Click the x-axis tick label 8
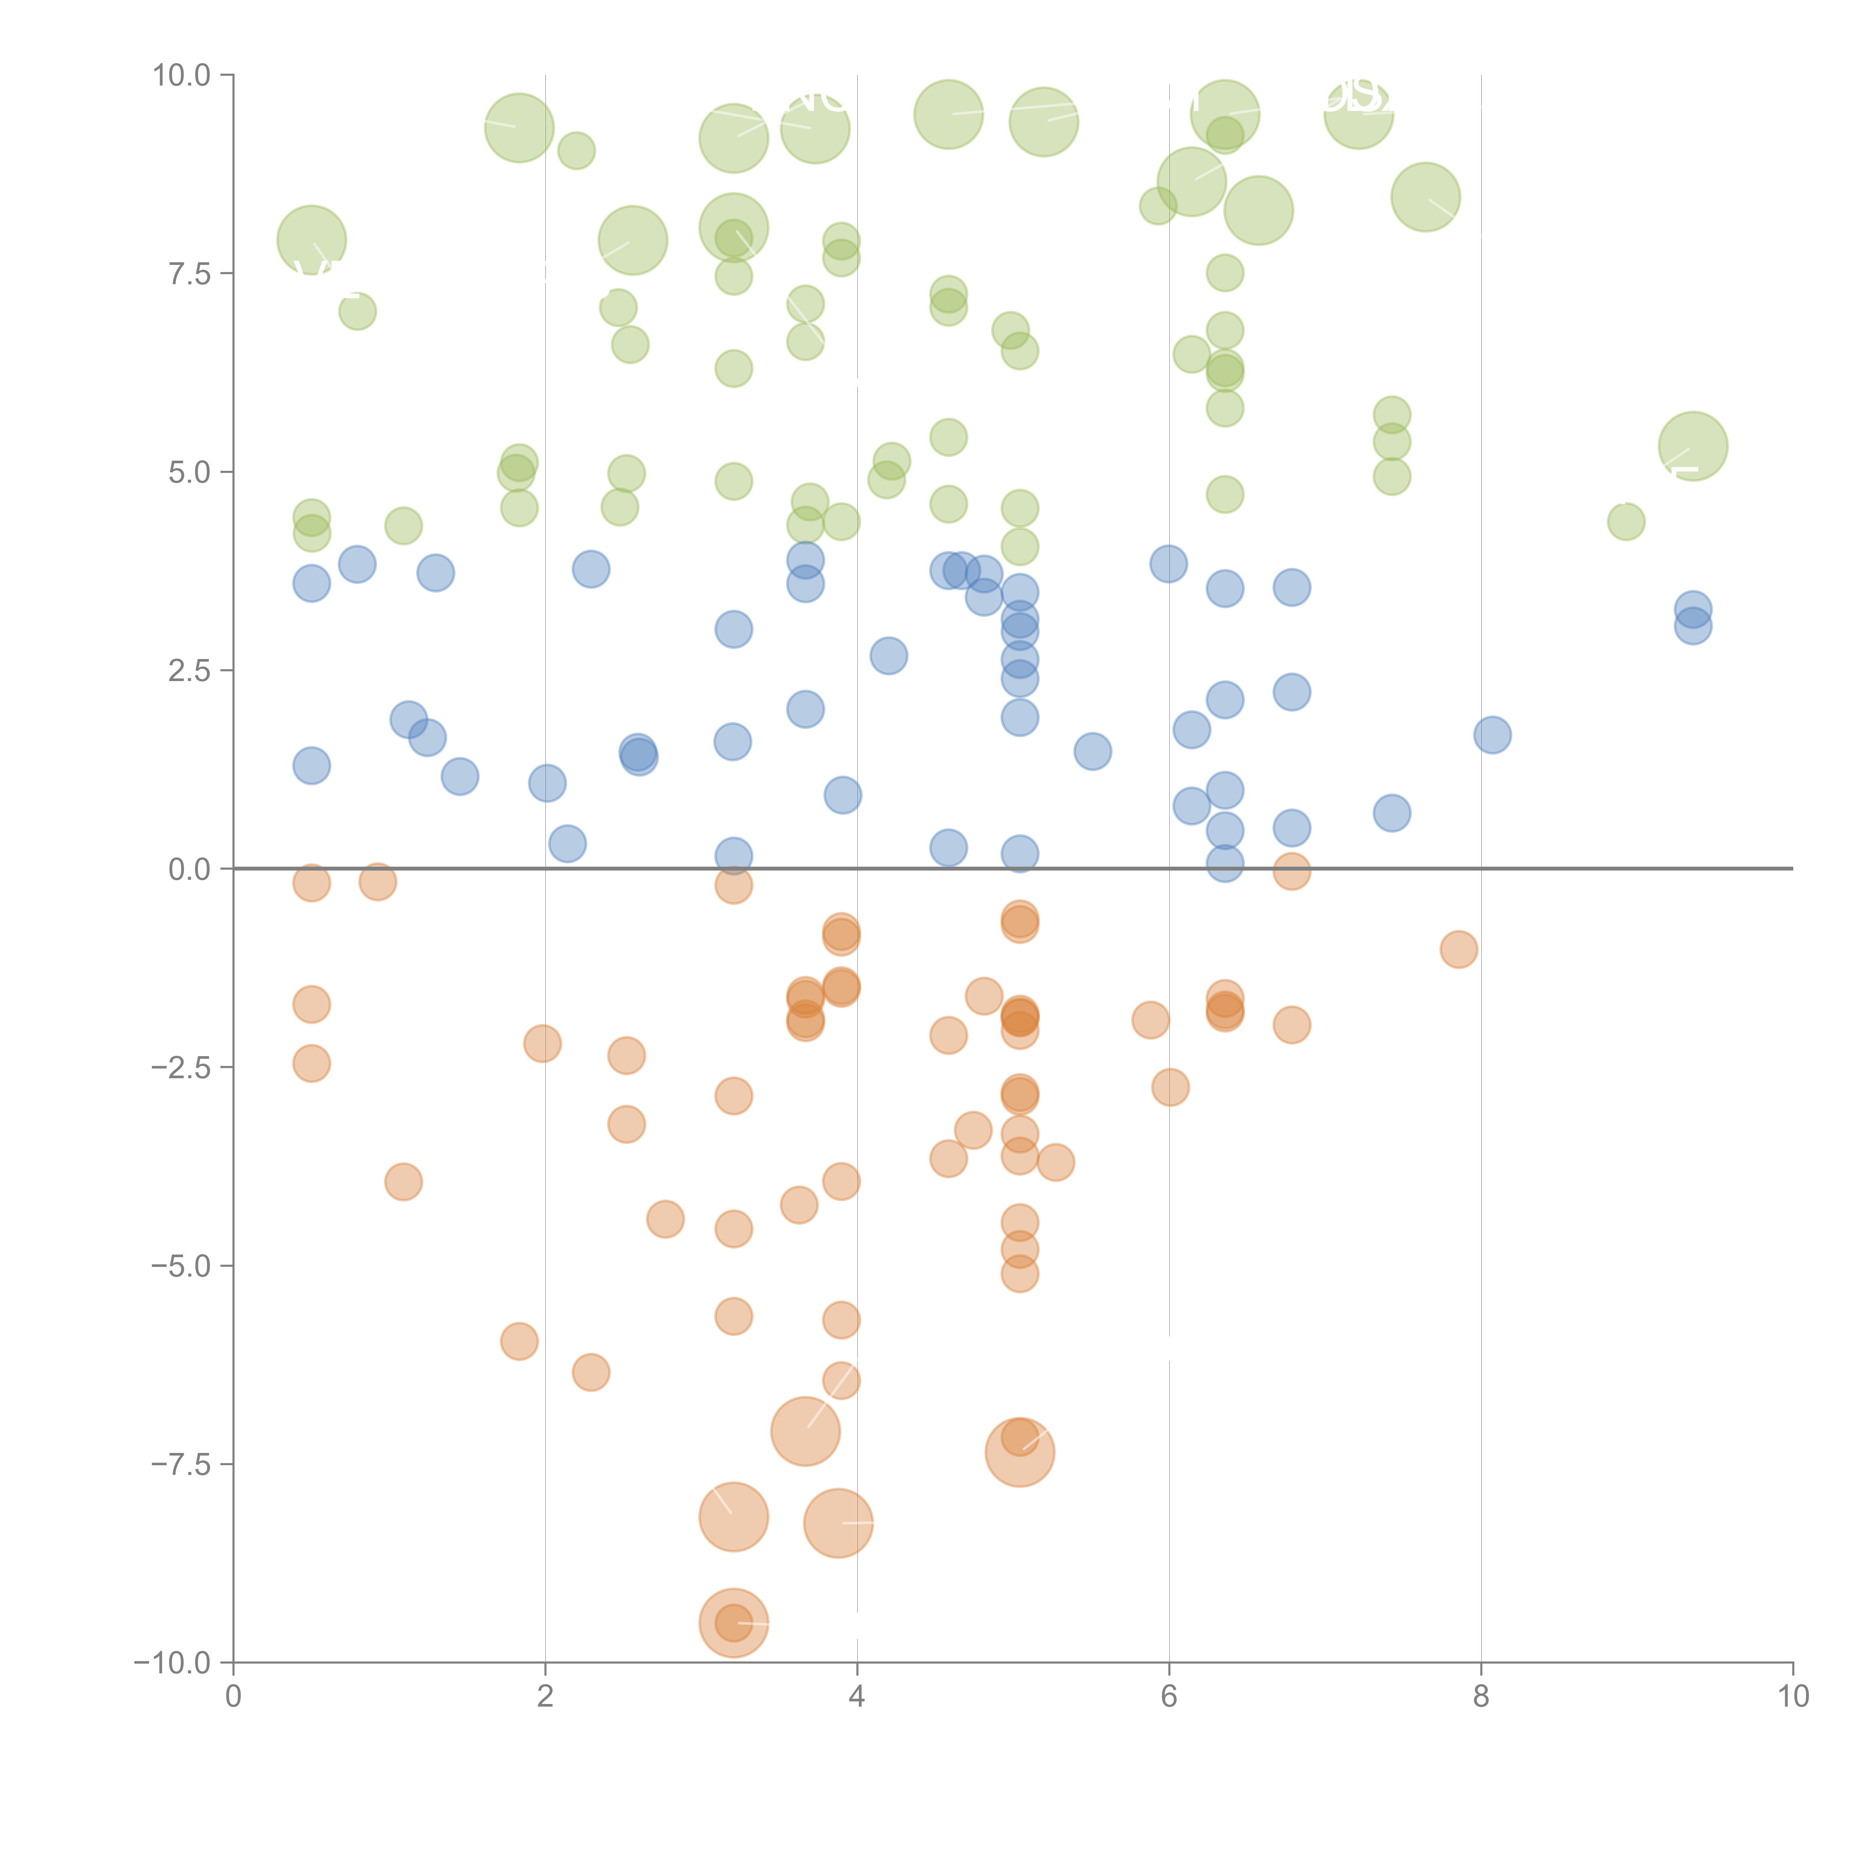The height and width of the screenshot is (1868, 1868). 1481,1696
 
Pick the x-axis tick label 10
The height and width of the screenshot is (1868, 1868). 1793,1696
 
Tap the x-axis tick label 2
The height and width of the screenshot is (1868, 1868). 545,1696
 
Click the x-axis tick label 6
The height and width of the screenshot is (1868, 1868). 1169,1696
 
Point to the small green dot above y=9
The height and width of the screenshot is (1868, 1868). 576,151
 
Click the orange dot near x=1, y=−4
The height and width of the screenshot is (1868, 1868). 403,1182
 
